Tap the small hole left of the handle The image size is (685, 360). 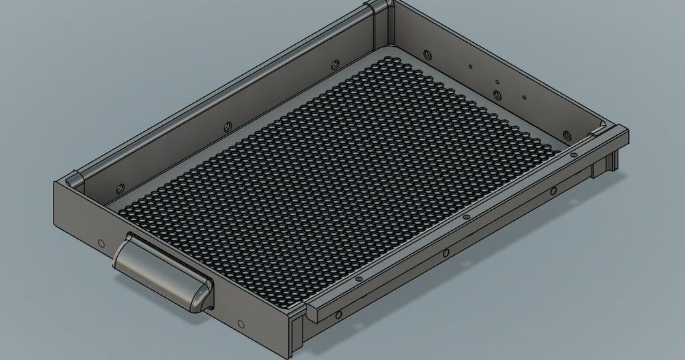[x=101, y=243]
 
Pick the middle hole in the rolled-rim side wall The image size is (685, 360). [x=227, y=125]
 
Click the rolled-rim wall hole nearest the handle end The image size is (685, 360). [x=122, y=186]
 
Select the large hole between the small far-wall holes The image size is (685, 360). [x=496, y=84]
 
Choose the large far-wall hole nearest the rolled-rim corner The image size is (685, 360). [x=426, y=53]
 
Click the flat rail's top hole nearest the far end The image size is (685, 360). [x=573, y=153]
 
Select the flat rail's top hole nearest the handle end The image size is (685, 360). [x=359, y=278]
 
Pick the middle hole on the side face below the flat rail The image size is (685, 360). [x=445, y=254]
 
